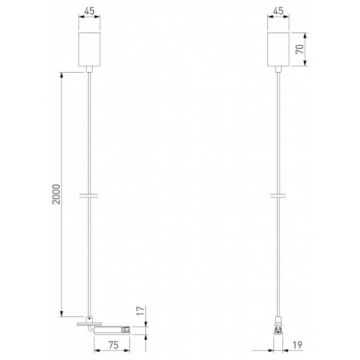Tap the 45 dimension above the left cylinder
89,11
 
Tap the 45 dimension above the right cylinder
277,11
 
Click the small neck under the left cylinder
89,69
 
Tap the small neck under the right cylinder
277,69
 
